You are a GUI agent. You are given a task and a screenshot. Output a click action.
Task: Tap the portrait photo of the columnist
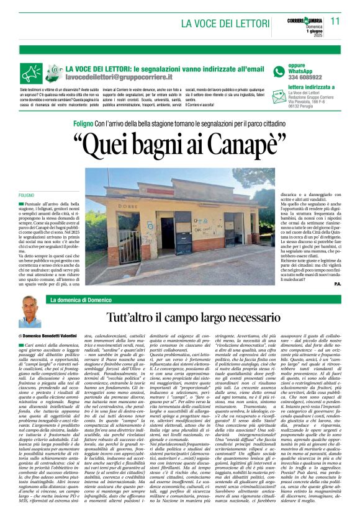click(29, 311)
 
